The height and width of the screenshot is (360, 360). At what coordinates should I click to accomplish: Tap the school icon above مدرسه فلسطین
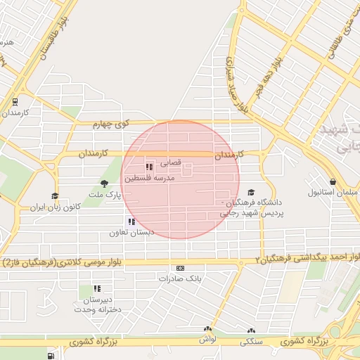coord(149,167)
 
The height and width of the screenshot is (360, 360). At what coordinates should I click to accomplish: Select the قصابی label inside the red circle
coord(171,162)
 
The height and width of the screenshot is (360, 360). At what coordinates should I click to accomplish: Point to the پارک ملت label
coord(109,193)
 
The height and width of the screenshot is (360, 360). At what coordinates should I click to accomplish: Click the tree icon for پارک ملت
coord(104,183)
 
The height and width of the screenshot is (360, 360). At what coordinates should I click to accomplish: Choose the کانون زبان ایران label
coord(56,208)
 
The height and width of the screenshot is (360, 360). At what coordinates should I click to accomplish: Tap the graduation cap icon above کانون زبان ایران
coord(55,196)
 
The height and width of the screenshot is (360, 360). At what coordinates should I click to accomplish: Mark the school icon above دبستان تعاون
coord(131,221)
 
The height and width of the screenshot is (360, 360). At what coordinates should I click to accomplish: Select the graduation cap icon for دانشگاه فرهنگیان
coord(251,191)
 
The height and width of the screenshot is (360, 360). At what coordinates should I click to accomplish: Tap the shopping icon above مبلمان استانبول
coord(332,181)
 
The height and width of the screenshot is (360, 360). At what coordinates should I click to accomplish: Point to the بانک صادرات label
coord(180,278)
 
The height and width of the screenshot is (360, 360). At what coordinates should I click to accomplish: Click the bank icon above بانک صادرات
coord(181,268)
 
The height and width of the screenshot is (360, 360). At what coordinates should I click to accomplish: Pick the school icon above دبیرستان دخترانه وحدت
coord(97,288)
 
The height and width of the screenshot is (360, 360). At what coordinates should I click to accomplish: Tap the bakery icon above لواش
coord(207,329)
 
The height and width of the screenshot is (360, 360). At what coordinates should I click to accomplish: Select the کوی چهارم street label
coord(112,124)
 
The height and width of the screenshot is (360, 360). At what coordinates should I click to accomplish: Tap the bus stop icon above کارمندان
coord(15,101)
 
